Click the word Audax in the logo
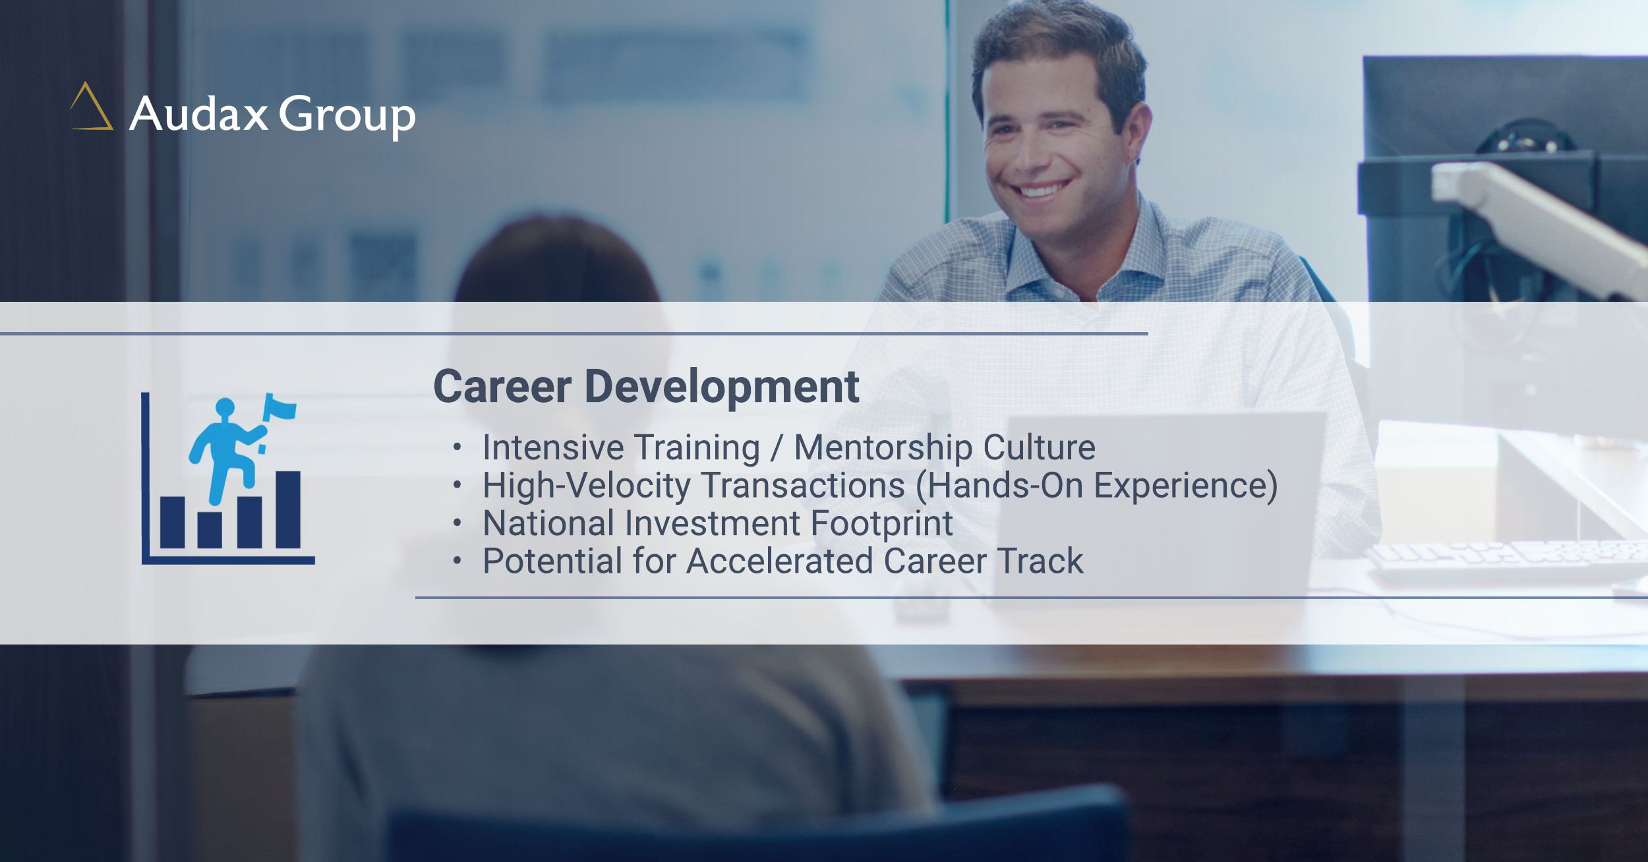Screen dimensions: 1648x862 198,114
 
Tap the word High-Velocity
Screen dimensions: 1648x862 587,486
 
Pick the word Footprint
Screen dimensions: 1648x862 882,525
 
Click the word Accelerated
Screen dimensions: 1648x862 780,561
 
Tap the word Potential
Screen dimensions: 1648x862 552,561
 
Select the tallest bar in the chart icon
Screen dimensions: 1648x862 288,509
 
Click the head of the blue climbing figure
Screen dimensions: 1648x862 225,407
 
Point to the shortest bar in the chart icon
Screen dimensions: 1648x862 210,530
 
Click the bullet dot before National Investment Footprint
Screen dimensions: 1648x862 457,523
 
